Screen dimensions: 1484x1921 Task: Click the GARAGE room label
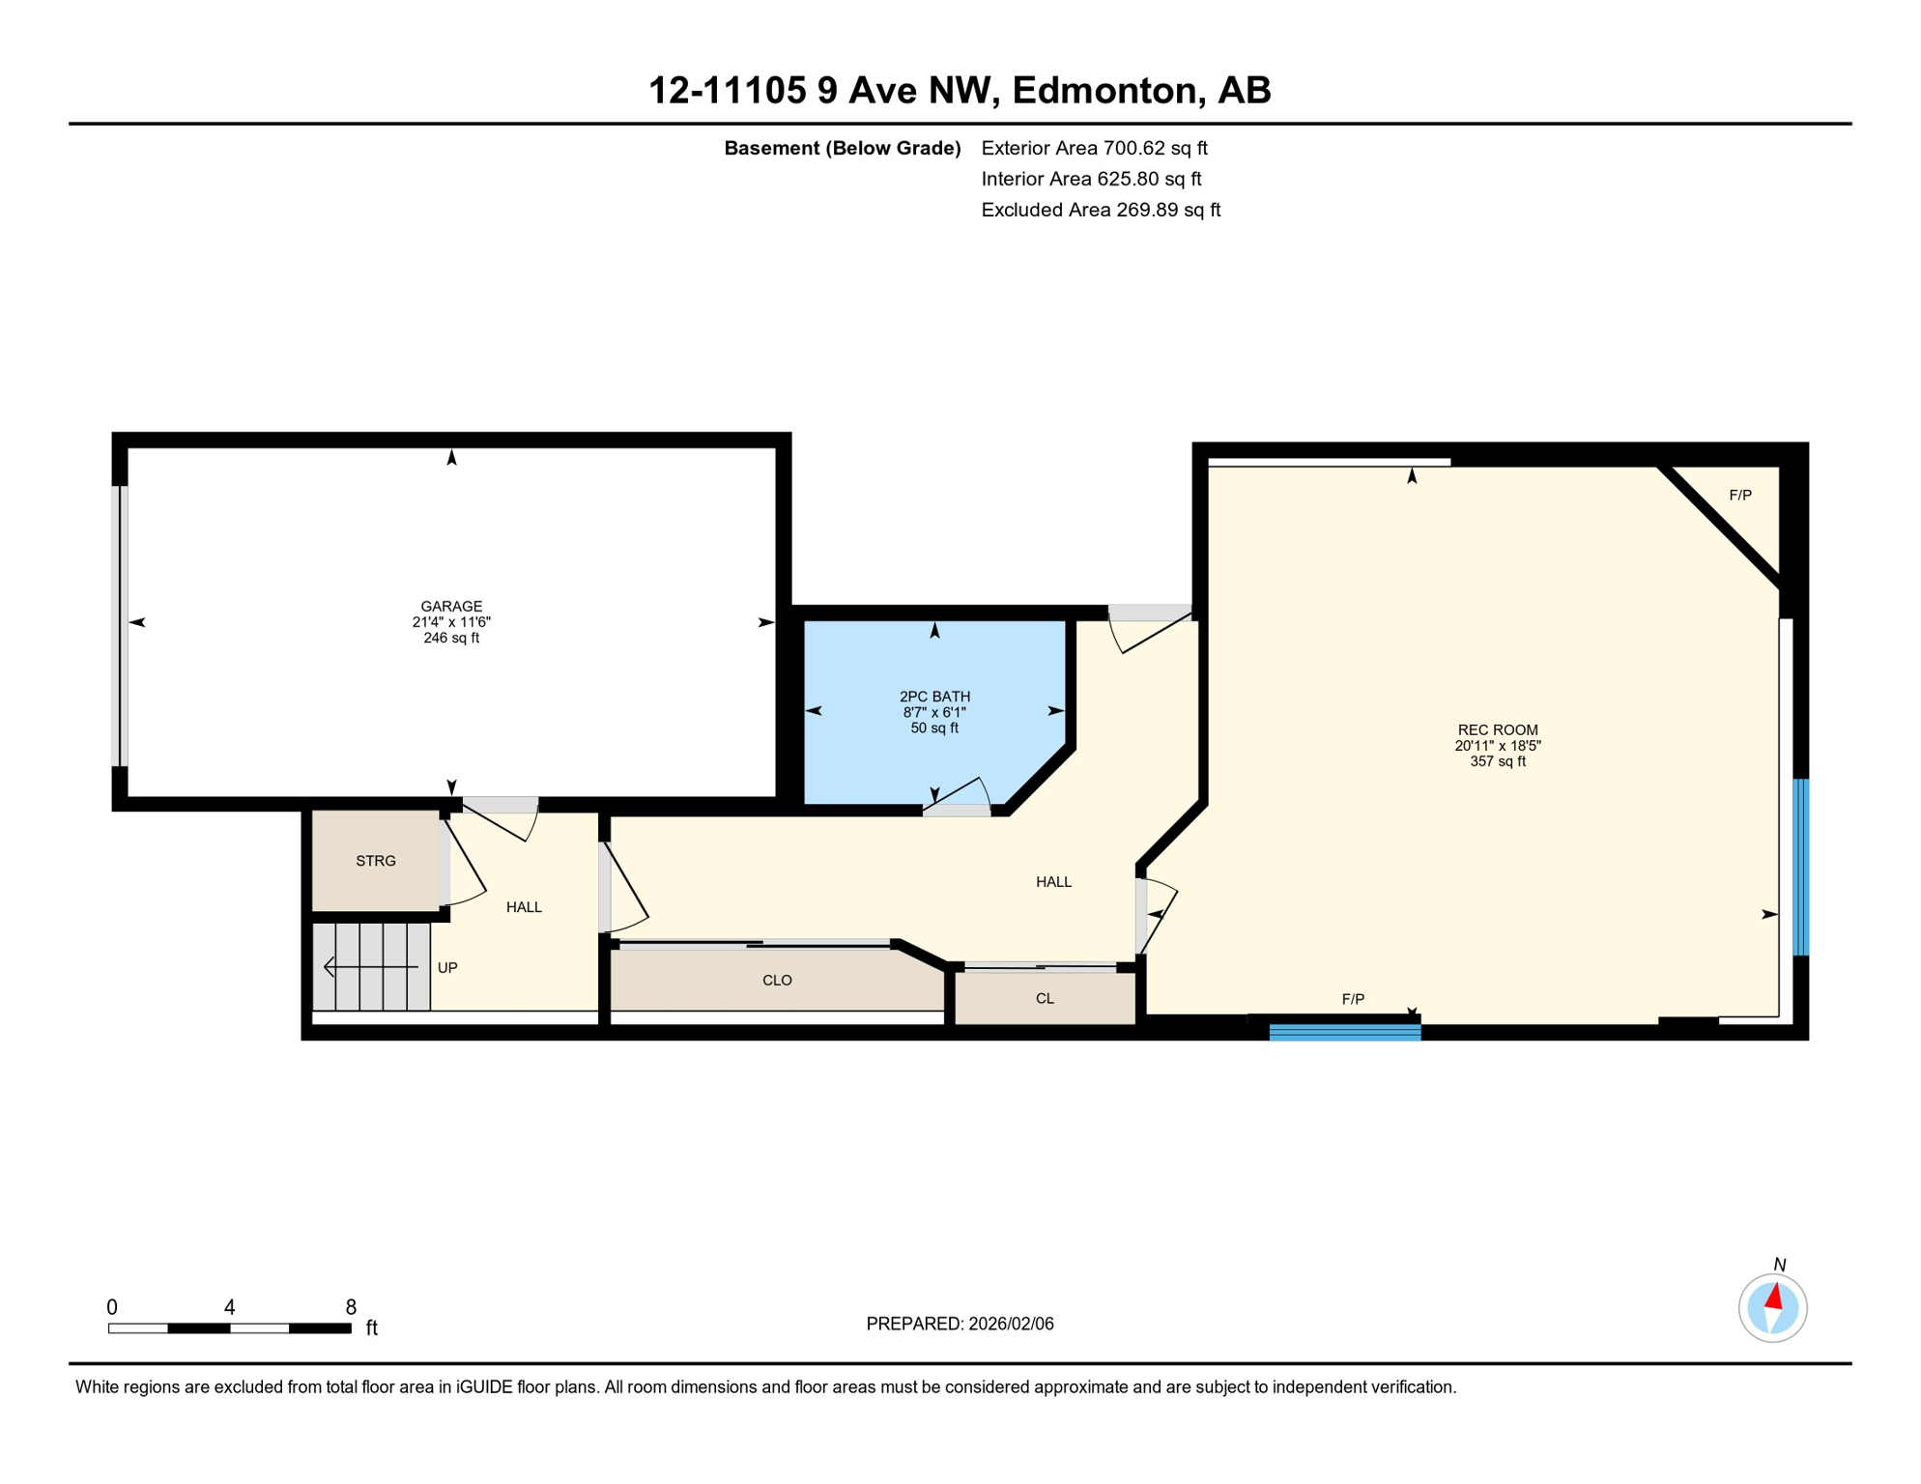451,607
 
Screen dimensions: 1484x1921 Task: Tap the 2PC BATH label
934,697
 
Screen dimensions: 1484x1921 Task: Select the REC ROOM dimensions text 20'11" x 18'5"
1497,746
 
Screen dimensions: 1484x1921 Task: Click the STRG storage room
375,861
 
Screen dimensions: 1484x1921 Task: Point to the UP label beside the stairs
447,968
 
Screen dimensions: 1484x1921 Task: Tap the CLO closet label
777,981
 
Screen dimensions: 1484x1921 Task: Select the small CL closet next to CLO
1045,999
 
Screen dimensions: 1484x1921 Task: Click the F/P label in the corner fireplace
1739,496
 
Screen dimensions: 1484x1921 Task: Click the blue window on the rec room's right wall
1801,868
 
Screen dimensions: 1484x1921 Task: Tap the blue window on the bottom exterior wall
1344,1033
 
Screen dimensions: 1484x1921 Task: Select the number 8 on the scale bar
351,1307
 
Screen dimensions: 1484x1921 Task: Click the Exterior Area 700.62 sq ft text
1094,148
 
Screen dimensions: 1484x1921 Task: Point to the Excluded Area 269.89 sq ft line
1101,210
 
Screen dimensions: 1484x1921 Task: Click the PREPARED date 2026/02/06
960,1324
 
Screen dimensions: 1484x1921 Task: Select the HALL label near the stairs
524,907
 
